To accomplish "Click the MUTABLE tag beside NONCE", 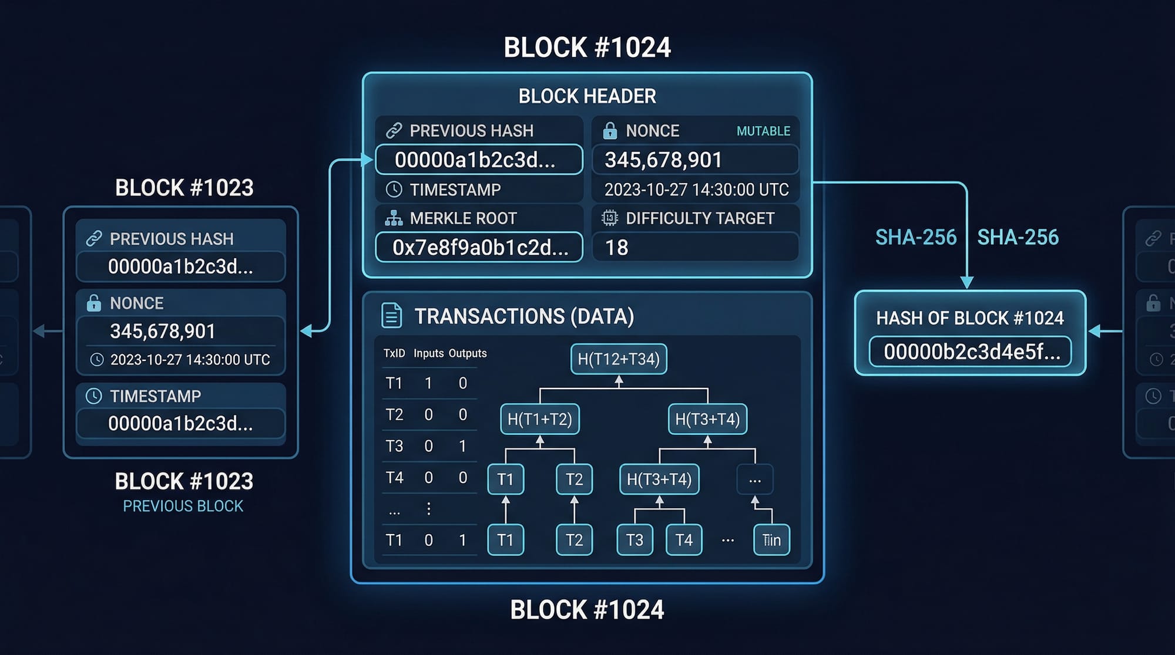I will coord(763,131).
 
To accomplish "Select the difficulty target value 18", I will coord(617,248).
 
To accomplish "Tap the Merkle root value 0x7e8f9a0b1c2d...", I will coord(479,248).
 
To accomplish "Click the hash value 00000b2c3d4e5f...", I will coord(971,352).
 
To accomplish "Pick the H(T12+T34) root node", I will coord(619,359).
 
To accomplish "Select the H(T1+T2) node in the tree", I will coord(540,419).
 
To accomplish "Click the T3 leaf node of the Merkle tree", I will coord(634,540).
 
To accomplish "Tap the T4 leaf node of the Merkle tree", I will coord(684,540).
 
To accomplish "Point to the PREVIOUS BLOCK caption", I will coord(183,506).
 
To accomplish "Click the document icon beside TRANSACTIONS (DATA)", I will coord(392,316).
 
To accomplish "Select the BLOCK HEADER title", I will coord(587,96).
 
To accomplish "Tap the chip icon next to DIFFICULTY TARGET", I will coord(610,218).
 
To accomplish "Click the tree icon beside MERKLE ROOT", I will coord(394,218).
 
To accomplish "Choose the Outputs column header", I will coord(468,353).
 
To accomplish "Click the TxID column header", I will coord(394,353).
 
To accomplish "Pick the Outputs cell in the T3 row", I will coord(463,446).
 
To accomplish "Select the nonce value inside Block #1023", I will coord(163,331).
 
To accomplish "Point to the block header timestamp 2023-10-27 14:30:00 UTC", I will coord(696,190).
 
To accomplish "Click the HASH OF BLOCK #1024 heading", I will coord(970,318).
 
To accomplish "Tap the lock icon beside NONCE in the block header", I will coord(610,130).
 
